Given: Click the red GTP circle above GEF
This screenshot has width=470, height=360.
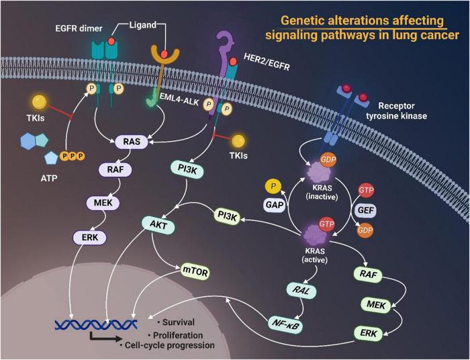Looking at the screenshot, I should [367, 190].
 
